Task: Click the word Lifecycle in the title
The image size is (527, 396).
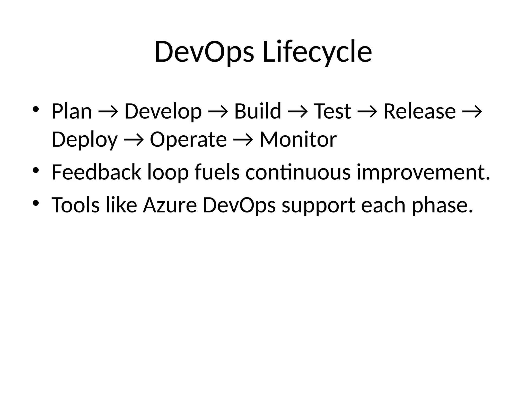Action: tap(317, 52)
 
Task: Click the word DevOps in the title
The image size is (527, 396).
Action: tap(204, 52)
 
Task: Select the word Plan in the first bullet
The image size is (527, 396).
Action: tap(72, 111)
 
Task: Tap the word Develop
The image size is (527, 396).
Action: tap(163, 111)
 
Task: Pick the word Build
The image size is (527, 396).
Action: tap(257, 111)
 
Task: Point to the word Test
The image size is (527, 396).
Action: tap(332, 111)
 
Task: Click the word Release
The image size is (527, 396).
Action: tap(419, 111)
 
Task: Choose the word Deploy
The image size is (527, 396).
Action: tap(84, 140)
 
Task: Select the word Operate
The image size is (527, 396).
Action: tap(188, 140)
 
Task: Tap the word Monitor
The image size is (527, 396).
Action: tap(298, 140)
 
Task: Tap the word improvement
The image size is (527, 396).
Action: tap(423, 173)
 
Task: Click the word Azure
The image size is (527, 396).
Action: tap(170, 205)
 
